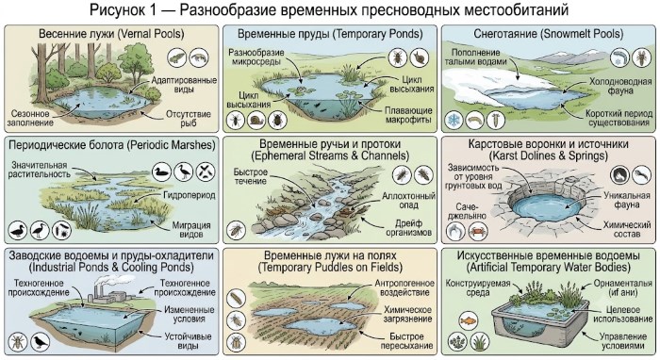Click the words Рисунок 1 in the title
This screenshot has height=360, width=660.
[121, 9]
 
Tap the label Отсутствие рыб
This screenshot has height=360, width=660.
[189, 118]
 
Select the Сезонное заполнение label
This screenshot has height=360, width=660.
[30, 118]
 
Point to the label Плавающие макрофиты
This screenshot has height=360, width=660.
[408, 115]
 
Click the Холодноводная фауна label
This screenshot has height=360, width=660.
[620, 86]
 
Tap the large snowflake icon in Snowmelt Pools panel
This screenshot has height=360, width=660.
[454, 121]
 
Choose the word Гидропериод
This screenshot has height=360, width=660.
[189, 195]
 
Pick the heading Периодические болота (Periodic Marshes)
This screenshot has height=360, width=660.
[112, 145]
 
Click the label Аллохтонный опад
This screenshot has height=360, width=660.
[408, 201]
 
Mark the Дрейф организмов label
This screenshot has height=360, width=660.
[408, 227]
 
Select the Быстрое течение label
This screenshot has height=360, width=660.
[251, 176]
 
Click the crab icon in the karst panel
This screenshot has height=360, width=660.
[477, 231]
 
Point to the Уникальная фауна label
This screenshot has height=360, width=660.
[627, 200]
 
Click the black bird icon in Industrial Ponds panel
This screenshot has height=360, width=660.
[40, 341]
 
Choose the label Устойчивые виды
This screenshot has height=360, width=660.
[188, 341]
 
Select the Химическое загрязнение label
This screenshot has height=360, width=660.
[407, 314]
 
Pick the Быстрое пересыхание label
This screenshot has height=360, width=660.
[406, 341]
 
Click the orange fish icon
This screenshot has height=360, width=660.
[468, 321]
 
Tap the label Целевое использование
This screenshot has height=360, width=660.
[622, 315]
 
